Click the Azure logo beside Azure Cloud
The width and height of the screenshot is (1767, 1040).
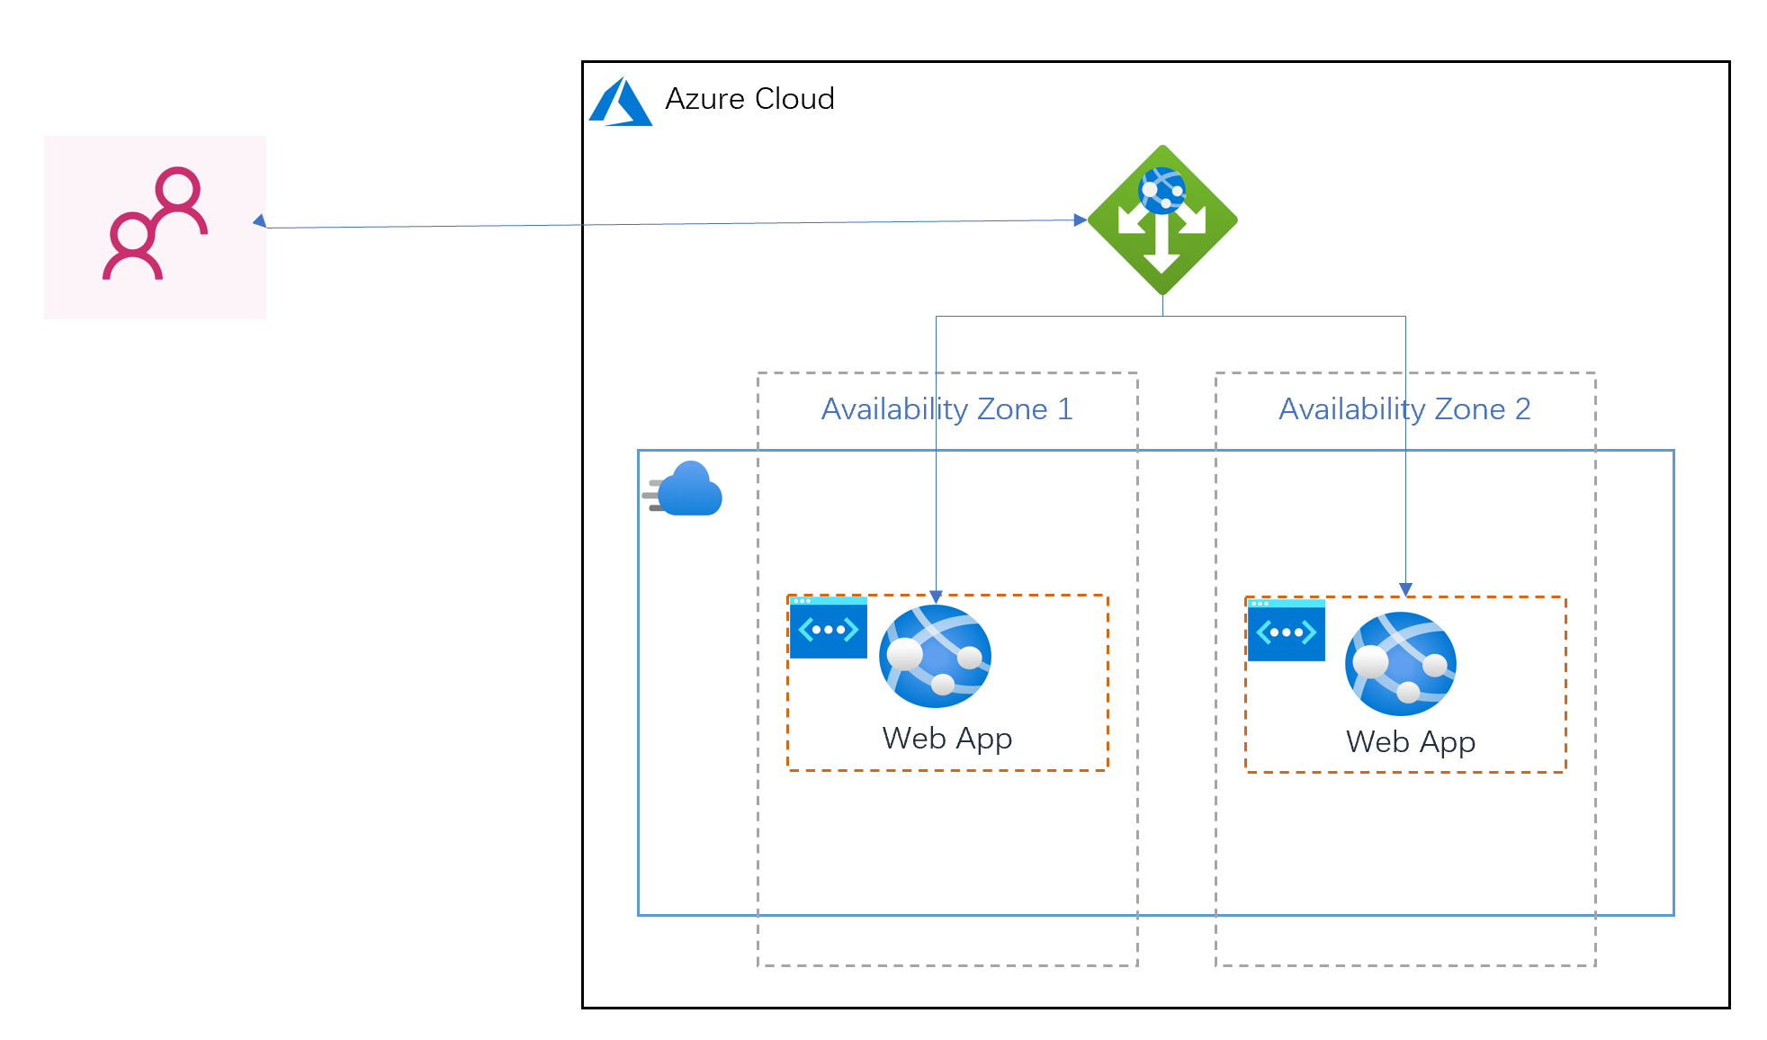[x=621, y=102]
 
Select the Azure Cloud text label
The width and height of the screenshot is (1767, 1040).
[x=749, y=99]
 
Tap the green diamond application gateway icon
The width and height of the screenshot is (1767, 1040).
[x=1162, y=220]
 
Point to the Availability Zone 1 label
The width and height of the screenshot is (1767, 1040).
[x=947, y=409]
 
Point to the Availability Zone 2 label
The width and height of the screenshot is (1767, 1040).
[x=1404, y=409]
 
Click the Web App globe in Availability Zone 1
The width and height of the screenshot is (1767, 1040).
[x=936, y=656]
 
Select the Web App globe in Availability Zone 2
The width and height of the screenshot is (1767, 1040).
[x=1401, y=664]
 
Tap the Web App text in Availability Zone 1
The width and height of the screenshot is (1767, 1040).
[x=947, y=739]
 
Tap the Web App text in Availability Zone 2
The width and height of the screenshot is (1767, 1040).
[x=1411, y=742]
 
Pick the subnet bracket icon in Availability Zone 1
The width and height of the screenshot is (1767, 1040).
[x=829, y=628]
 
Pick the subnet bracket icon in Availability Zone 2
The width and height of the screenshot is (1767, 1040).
[x=1287, y=631]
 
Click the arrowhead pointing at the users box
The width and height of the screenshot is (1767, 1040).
[x=259, y=221]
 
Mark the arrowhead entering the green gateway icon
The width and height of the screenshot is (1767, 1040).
[x=1081, y=220]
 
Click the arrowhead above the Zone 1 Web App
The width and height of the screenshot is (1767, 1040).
[x=936, y=596]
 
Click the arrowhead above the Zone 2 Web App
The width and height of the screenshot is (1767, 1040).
[x=1405, y=589]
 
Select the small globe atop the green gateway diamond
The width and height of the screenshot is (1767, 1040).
[x=1162, y=191]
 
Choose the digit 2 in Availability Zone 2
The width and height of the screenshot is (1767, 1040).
[x=1522, y=409]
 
